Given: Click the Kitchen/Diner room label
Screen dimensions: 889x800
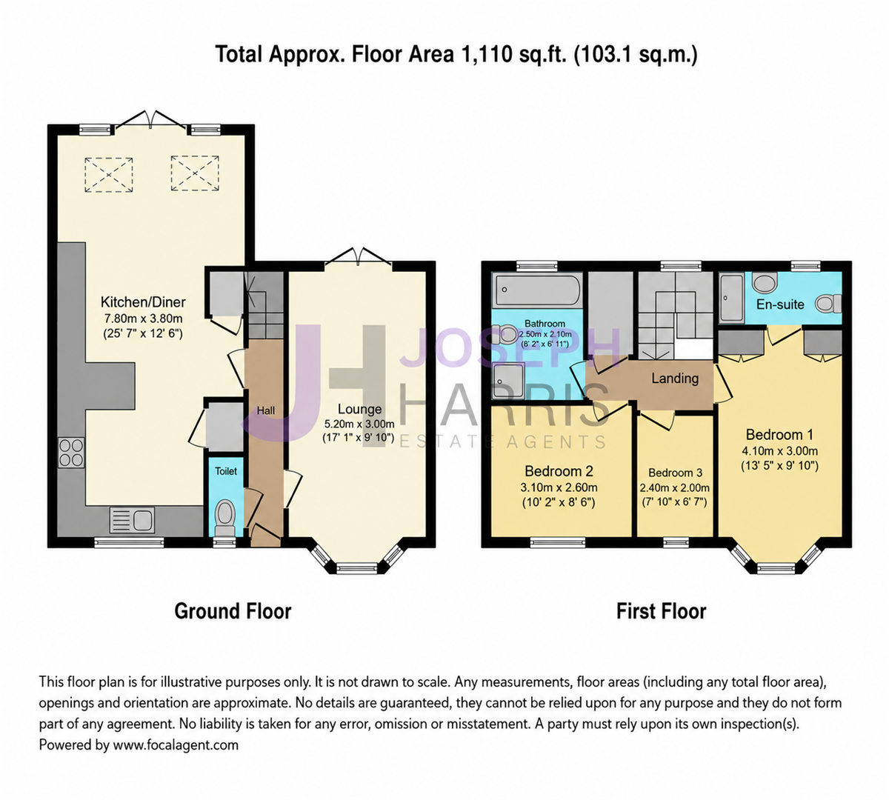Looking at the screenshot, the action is point(143,302).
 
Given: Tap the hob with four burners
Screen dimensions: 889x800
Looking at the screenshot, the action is point(71,452).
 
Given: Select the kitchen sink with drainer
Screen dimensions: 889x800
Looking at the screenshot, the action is point(132,519).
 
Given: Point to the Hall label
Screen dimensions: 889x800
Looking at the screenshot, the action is point(266,410).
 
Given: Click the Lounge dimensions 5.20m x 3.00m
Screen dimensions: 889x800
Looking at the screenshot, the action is point(359,424).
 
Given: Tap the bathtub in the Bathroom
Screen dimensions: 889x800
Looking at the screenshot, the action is point(538,290).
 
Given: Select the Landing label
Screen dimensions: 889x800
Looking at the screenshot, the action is point(674,378).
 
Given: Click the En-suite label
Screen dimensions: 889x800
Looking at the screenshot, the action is point(780,304).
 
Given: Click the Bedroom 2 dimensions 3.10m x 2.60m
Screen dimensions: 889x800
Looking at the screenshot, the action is point(559,488).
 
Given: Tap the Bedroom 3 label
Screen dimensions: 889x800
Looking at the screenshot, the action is point(675,473).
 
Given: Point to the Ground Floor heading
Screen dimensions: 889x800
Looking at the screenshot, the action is point(233,611).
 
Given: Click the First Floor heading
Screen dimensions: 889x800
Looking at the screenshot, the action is point(662,611).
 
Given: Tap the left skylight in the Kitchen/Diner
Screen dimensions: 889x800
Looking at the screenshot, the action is point(109,175).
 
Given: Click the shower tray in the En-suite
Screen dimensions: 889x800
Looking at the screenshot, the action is point(731,297).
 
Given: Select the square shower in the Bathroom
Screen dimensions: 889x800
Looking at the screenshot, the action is point(508,380).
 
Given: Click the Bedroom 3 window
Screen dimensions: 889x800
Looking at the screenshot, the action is point(676,542).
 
